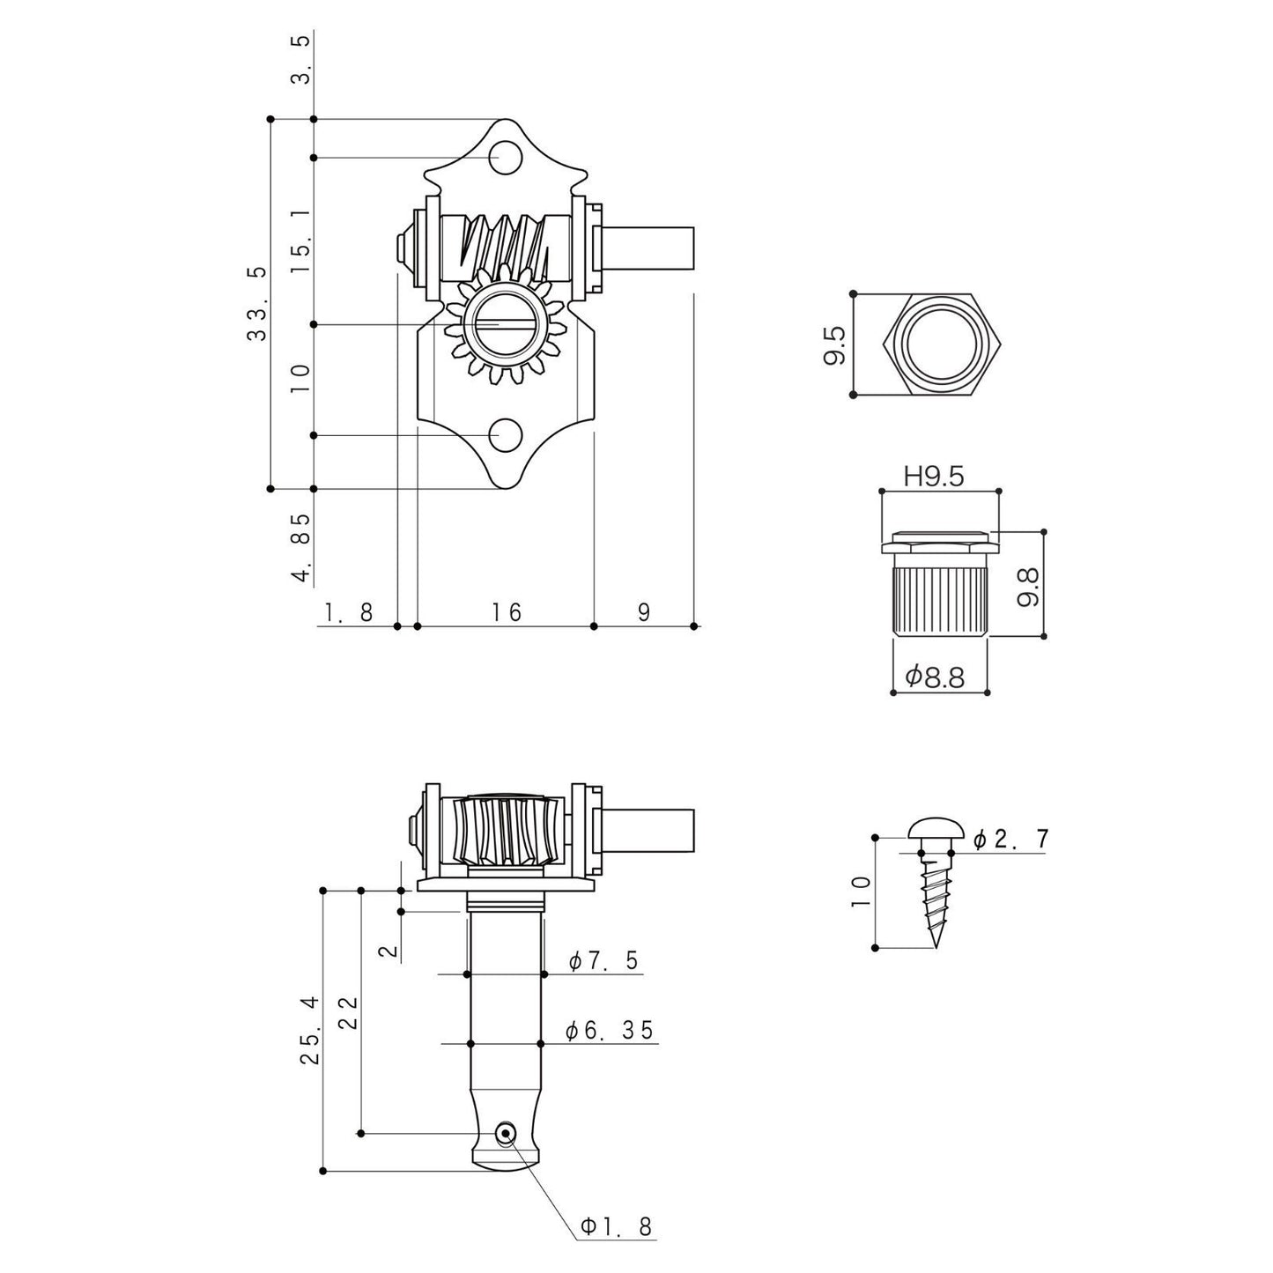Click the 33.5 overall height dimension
pyautogui.click(x=257, y=303)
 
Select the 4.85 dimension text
pyautogui.click(x=301, y=548)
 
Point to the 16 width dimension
pyautogui.click(x=506, y=611)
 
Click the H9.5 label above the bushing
pyautogui.click(x=934, y=476)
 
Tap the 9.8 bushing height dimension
pyautogui.click(x=1028, y=588)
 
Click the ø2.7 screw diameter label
pyautogui.click(x=1010, y=839)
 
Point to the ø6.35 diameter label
pyautogui.click(x=609, y=1030)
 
